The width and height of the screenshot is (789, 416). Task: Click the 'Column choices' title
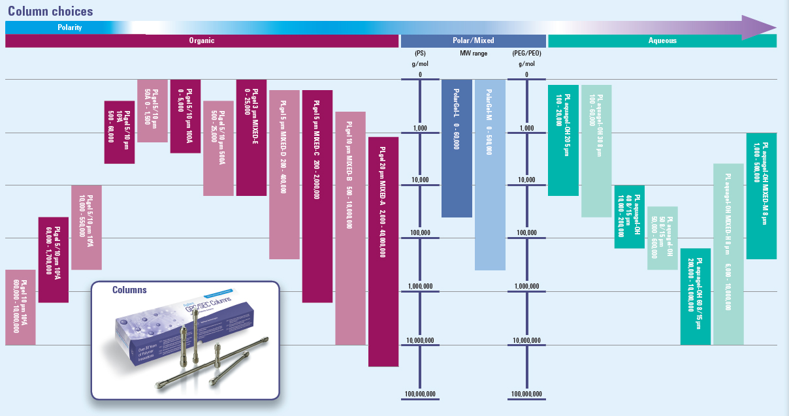[50, 12]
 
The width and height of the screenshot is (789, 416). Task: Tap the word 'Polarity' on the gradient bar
[69, 27]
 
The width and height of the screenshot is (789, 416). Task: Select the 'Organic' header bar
[202, 40]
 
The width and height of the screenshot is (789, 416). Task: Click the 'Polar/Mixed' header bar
[473, 40]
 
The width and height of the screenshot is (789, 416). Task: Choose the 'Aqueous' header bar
[662, 40]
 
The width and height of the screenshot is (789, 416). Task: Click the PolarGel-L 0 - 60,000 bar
[457, 148]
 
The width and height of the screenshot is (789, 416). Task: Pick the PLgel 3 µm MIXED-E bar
[251, 137]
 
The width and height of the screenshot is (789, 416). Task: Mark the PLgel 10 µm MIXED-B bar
[351, 228]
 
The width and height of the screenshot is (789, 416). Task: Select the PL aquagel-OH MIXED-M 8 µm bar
[761, 196]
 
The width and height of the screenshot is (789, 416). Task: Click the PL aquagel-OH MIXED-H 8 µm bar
[728, 254]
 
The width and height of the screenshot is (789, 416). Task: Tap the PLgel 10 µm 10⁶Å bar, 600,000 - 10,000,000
[20, 307]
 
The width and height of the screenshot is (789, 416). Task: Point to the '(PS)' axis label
[420, 54]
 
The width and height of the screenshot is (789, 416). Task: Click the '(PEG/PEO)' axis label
[526, 54]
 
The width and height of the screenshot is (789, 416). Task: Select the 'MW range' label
[473, 54]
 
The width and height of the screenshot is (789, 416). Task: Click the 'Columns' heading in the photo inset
[129, 290]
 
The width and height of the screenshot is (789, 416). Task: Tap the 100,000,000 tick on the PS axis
[420, 394]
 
